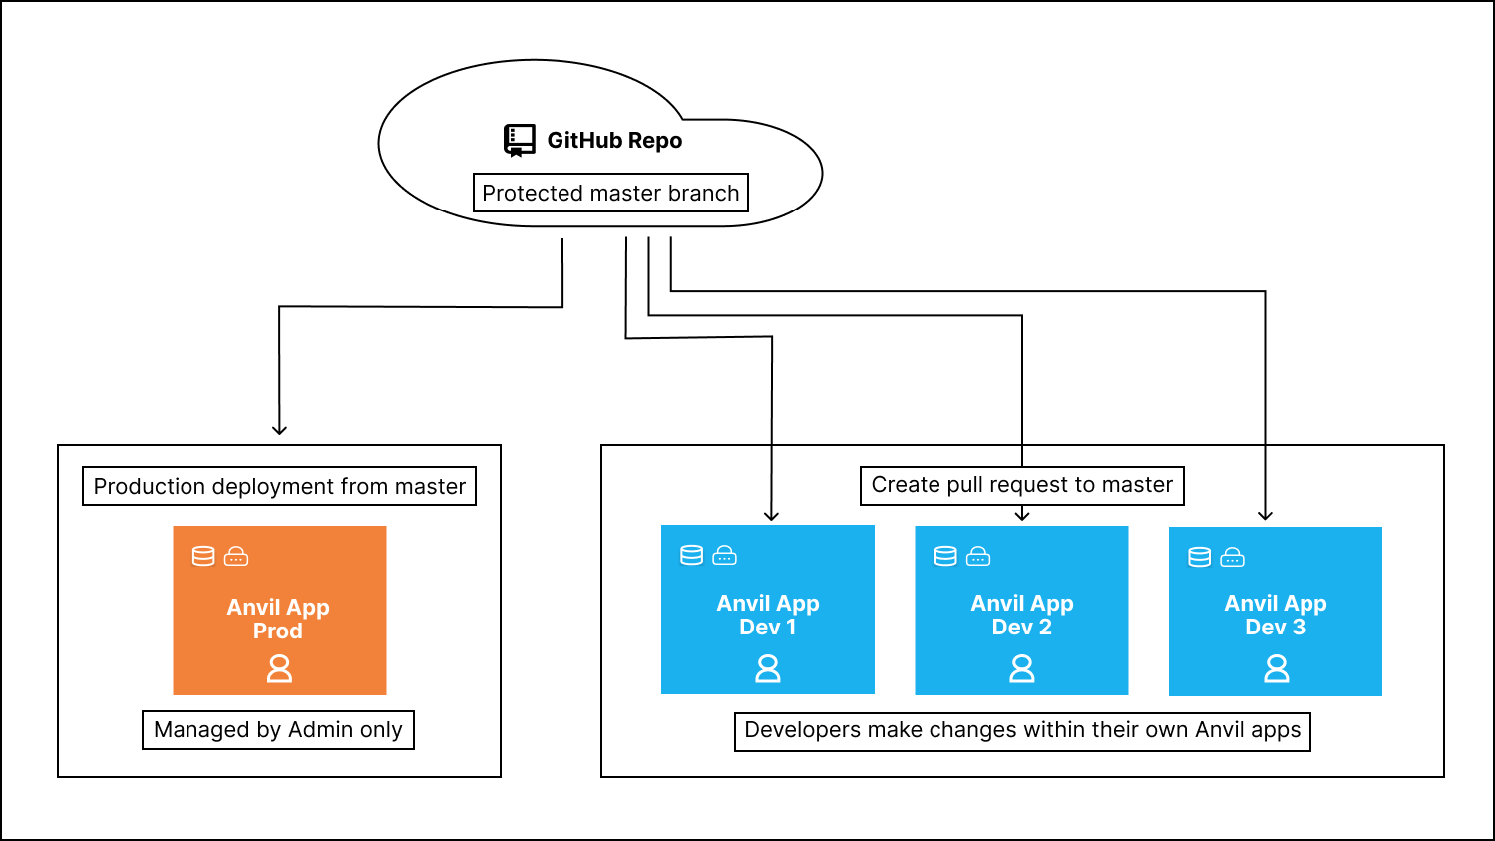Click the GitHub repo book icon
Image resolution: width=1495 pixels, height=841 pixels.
coord(519,141)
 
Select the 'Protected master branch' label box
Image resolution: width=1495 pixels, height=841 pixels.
coord(610,193)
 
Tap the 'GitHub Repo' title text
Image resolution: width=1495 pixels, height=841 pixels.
coord(614,141)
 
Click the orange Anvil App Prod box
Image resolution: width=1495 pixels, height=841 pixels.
coord(279,610)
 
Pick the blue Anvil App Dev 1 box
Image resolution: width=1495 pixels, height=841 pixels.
coord(768,610)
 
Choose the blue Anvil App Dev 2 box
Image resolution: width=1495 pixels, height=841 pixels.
coord(1021,610)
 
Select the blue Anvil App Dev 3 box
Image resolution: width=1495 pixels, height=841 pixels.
coord(1275,610)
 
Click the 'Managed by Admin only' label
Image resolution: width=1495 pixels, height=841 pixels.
coord(278,730)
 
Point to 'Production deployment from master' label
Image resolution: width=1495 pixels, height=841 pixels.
coord(279,487)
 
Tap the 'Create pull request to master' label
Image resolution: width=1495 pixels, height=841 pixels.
coord(1022,485)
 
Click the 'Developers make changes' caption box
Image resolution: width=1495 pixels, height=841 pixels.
coord(1022,730)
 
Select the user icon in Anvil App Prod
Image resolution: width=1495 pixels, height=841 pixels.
coord(279,668)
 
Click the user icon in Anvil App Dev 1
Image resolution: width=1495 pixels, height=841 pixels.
coord(768,668)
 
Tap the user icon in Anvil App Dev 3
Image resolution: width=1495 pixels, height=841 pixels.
coord(1276,668)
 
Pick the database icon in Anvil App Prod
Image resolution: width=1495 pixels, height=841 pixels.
coord(203,556)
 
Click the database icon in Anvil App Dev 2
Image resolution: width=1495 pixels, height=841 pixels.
coord(945,556)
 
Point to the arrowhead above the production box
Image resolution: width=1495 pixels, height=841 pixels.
coord(279,430)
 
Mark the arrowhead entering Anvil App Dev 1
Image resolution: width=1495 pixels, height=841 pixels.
coord(771,515)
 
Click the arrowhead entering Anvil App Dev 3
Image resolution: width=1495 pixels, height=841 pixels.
coord(1265,515)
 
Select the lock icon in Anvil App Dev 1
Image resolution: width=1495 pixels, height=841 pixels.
coord(725,555)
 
